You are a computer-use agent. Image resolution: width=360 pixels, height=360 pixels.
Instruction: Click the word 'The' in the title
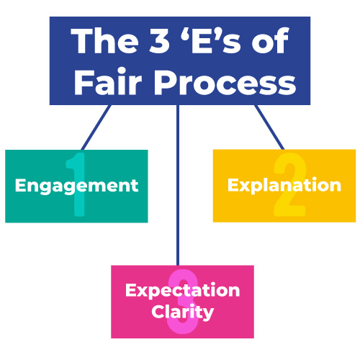(104, 40)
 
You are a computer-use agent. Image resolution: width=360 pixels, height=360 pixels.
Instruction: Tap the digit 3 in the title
(160, 40)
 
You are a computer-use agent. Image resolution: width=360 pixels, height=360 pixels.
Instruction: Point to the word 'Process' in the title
(225, 84)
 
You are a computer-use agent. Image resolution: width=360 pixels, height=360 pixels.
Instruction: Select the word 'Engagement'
(76, 186)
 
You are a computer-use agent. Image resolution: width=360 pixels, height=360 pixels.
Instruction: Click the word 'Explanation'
(284, 186)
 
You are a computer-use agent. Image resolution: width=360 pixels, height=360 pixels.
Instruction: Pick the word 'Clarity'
(182, 312)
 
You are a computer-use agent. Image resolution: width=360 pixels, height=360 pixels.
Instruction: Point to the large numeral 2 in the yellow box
(290, 184)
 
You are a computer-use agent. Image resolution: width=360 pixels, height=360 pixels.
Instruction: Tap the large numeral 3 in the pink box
(183, 302)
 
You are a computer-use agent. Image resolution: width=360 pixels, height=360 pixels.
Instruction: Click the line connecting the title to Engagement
(96, 127)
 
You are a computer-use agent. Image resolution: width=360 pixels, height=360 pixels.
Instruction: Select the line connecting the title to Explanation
(269, 127)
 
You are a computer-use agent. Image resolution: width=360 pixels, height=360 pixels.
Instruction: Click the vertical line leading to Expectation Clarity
(178, 185)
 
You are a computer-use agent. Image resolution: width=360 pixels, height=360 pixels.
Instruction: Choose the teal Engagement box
(76, 186)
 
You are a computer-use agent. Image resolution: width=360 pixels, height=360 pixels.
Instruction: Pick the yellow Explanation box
(284, 186)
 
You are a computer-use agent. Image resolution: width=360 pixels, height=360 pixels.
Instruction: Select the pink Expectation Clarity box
(182, 302)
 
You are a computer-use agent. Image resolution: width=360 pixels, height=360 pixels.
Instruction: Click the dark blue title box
(180, 60)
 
